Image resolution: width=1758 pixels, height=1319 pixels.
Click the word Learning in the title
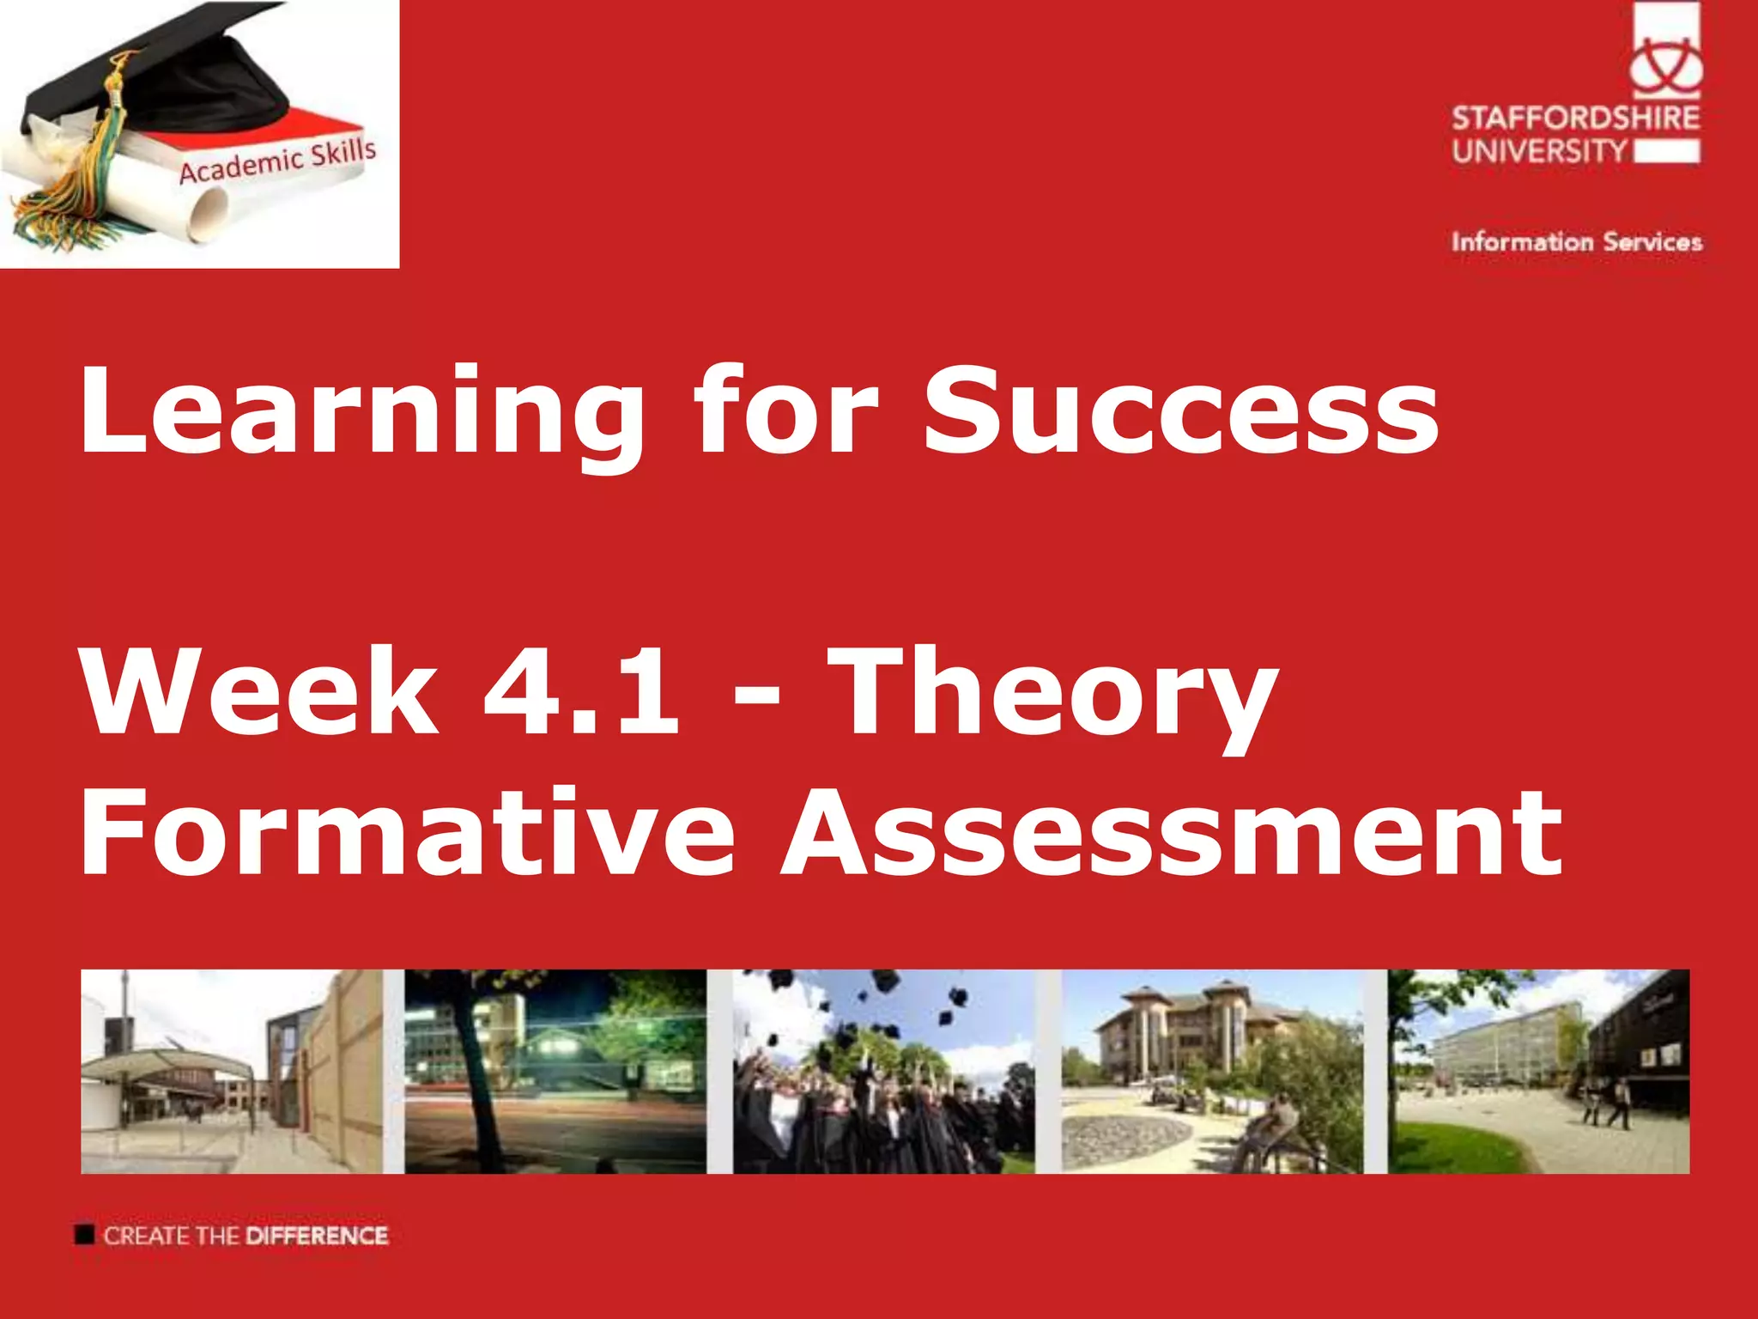(361, 412)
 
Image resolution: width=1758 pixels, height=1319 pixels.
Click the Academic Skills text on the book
(277, 161)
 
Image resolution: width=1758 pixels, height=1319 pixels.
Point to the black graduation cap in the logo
(163, 77)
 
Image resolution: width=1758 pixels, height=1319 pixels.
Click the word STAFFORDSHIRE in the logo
(1575, 118)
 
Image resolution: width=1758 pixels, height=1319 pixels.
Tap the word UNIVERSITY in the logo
(1539, 152)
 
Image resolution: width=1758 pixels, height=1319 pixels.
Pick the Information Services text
(1576, 242)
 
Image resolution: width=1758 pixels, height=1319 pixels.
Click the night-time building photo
(555, 1071)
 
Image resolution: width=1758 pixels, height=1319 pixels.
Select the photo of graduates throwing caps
(883, 1071)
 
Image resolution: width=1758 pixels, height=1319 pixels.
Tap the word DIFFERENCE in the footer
(317, 1236)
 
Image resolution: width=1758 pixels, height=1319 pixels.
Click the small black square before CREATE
(84, 1235)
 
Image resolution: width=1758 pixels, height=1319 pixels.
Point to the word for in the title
(785, 410)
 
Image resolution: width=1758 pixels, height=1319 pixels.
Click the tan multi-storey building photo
(1211, 1071)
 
